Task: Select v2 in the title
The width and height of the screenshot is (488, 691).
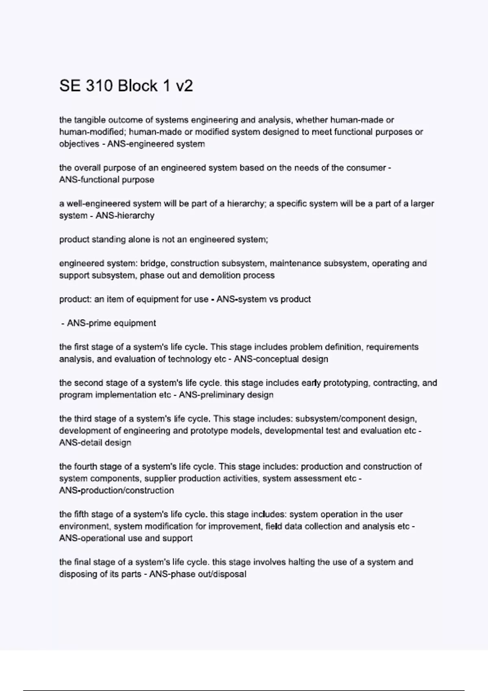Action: tap(184, 86)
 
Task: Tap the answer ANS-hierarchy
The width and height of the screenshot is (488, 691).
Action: tap(125, 215)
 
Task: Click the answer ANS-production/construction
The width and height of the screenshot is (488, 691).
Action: tap(117, 491)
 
